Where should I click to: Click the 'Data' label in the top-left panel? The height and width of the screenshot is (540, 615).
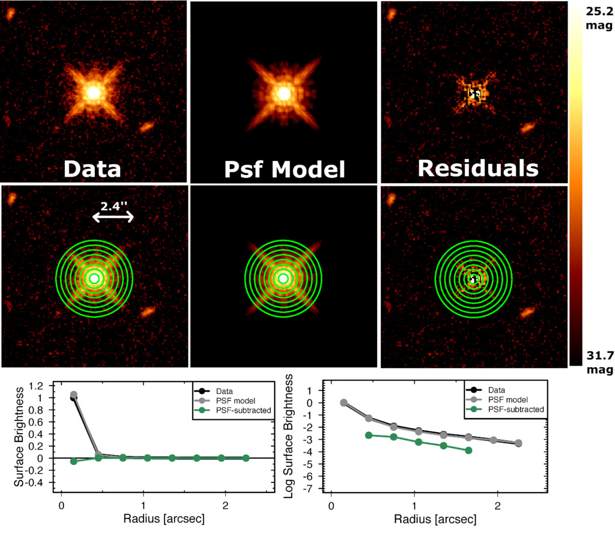(93, 169)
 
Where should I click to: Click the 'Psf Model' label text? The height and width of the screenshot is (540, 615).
(283, 169)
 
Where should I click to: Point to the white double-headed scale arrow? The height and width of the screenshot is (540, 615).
(113, 219)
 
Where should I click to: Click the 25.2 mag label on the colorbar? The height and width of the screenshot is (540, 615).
(598, 17)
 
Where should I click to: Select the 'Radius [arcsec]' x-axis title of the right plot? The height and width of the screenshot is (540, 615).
(438, 518)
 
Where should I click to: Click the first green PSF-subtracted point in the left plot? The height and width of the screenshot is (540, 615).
(74, 461)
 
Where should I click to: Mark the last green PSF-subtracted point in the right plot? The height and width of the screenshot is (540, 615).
(468, 451)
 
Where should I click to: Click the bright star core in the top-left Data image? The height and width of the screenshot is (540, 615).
(93, 93)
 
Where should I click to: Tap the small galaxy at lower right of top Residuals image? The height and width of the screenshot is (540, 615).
(527, 127)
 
